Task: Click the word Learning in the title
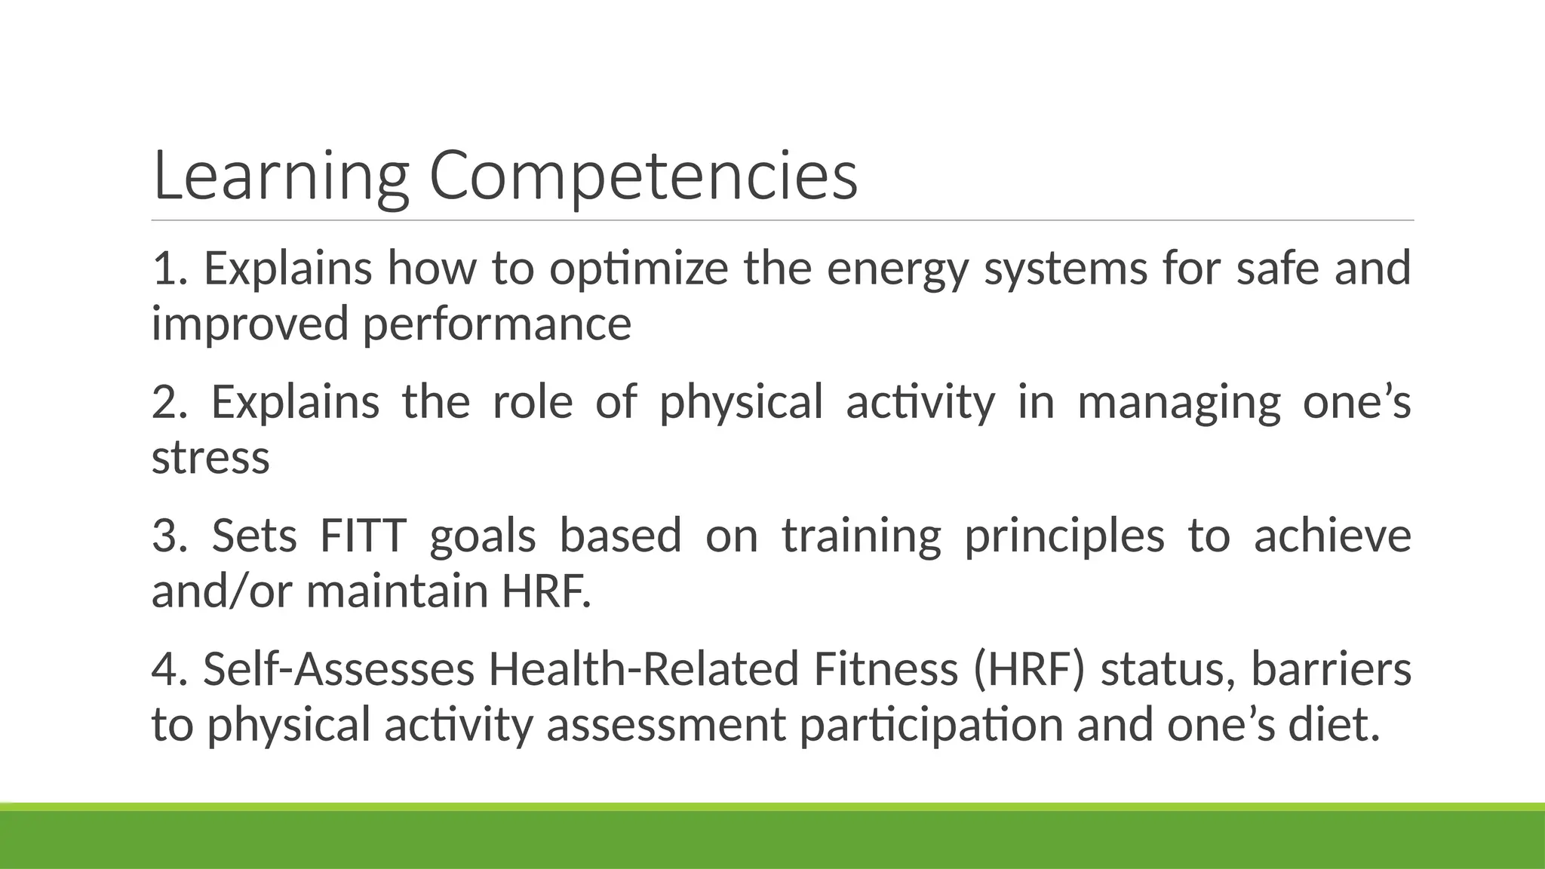[280, 177]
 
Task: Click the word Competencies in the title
[643, 177]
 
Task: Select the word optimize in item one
[638, 269]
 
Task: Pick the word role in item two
[533, 401]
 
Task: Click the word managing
[1178, 403]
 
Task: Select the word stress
[210, 457]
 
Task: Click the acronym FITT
[363, 535]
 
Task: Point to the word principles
[1064, 536]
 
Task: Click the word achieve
[1332, 535]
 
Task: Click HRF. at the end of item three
[546, 591]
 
